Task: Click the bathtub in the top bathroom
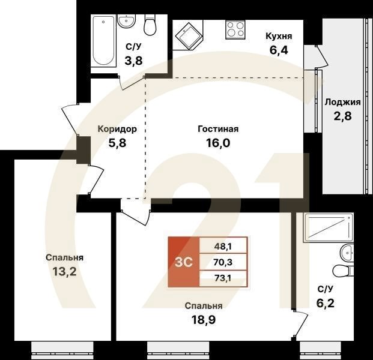[x=103, y=41]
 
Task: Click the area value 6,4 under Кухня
[x=279, y=50]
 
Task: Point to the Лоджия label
[x=342, y=101]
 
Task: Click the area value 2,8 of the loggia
[x=342, y=115]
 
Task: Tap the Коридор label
[x=117, y=129]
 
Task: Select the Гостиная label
[x=218, y=129]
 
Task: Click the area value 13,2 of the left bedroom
[x=64, y=272]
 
